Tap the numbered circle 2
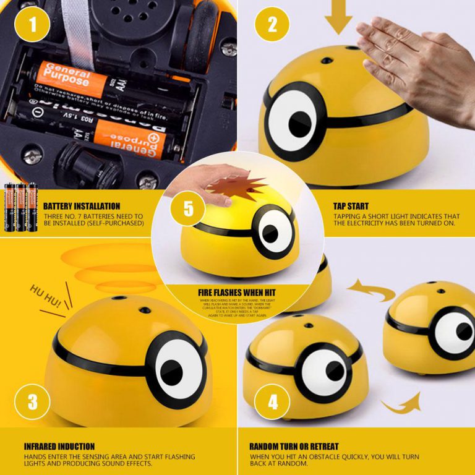click(272, 24)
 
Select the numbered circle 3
click(33, 402)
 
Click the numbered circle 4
click(272, 402)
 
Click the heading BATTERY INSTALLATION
click(82, 206)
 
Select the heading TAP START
click(351, 206)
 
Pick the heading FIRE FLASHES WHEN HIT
click(237, 292)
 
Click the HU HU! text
click(46, 297)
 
